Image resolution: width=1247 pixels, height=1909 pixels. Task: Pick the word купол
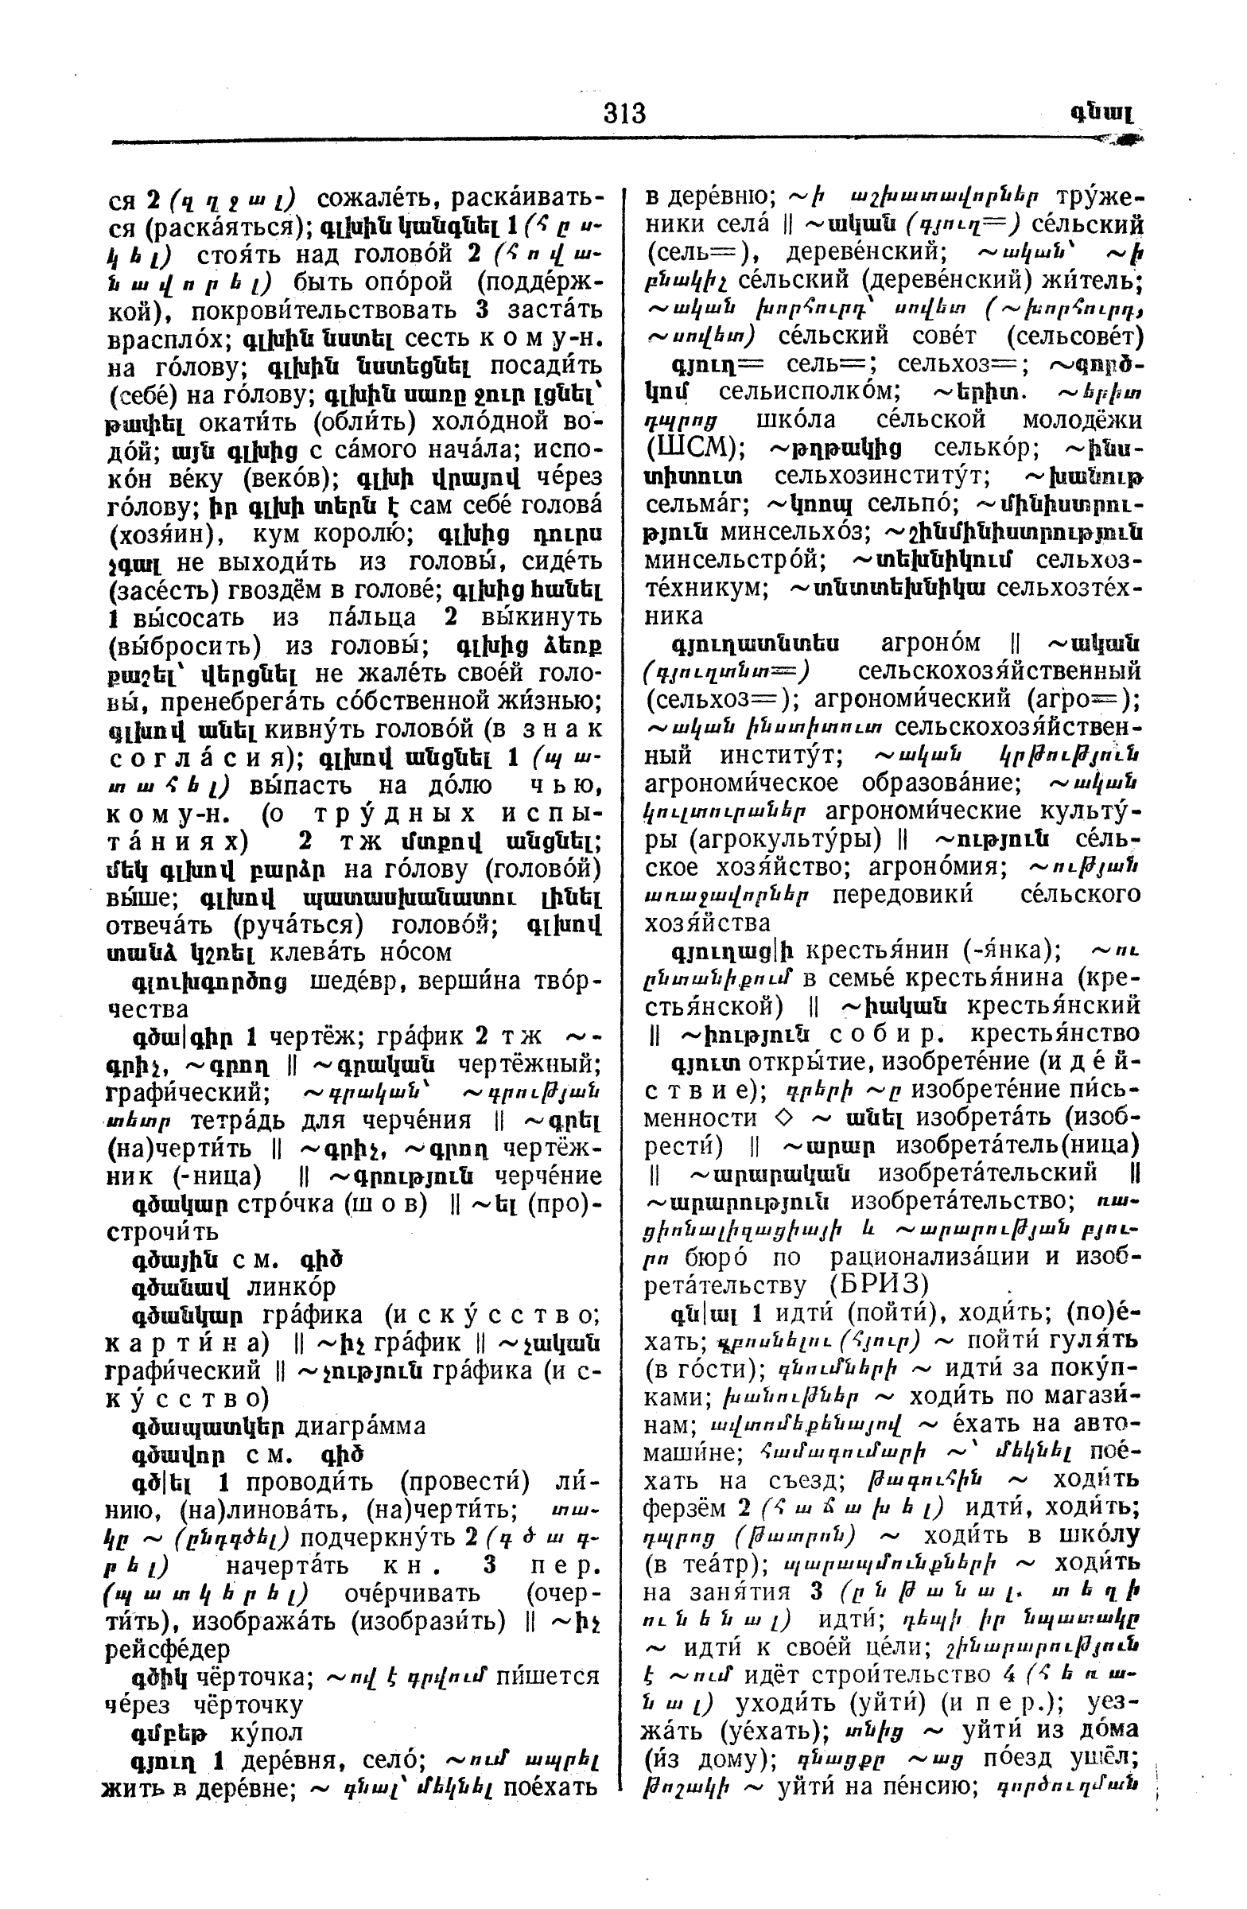[x=266, y=1732]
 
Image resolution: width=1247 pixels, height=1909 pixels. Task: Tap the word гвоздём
[x=284, y=590]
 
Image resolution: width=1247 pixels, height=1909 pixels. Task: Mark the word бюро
[x=717, y=1258]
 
